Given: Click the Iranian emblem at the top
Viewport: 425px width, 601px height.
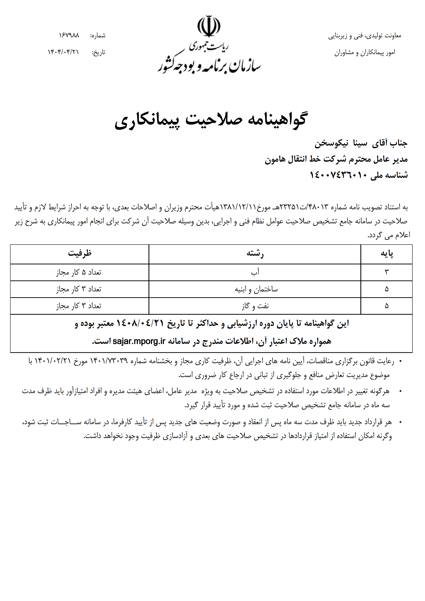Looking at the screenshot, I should [x=209, y=26].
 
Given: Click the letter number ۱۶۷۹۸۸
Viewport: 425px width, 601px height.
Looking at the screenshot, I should [x=69, y=35].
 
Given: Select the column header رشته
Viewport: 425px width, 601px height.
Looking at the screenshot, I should [x=255, y=254].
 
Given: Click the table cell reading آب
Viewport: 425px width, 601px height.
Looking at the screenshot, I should [x=255, y=272].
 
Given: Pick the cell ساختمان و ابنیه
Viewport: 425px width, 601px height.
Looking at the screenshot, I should [x=256, y=289].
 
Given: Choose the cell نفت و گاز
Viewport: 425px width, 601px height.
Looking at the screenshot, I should [x=255, y=306].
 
